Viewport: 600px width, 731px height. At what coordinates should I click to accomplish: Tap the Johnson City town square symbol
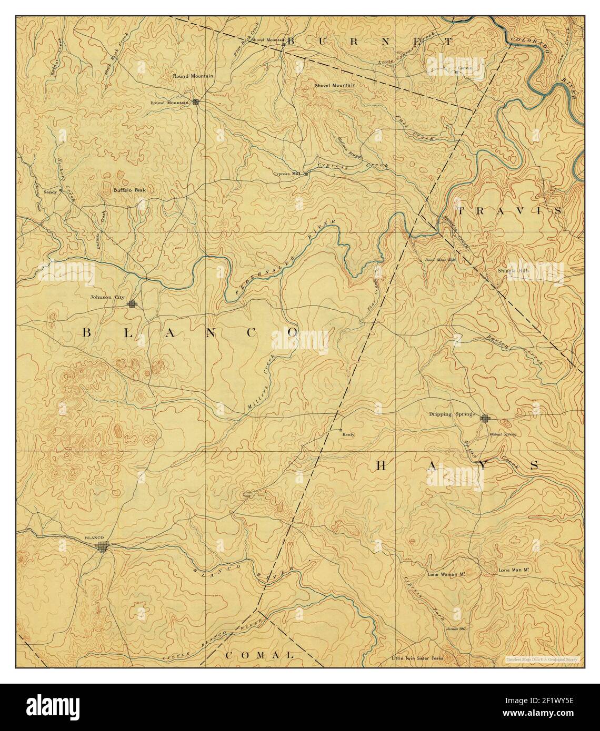(x=132, y=303)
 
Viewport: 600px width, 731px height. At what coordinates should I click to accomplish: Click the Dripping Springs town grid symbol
(x=485, y=419)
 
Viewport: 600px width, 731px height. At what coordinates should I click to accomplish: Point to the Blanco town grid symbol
(x=104, y=547)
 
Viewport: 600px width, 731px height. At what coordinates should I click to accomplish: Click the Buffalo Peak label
(x=129, y=190)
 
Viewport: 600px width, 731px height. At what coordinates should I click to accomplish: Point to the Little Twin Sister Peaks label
(x=417, y=658)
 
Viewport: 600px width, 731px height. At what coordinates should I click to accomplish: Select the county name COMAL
(x=259, y=655)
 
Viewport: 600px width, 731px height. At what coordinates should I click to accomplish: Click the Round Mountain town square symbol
(x=196, y=102)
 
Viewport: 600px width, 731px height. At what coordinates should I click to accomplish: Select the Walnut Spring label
(x=503, y=434)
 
